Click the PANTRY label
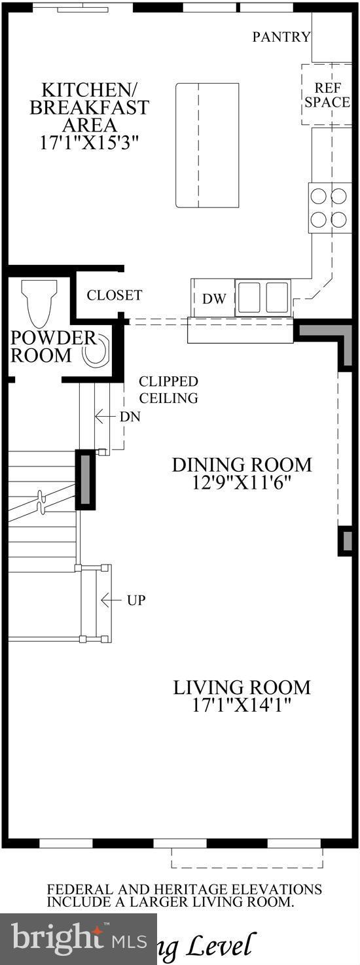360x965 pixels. click(281, 37)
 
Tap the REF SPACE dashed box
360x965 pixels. click(327, 95)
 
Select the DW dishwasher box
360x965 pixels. click(213, 299)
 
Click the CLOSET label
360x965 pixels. click(115, 296)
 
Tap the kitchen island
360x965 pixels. click(207, 145)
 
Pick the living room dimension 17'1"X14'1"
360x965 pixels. click(242, 705)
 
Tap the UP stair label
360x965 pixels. click(135, 599)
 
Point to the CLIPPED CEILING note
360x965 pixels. click(168, 390)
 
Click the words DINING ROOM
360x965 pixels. click(242, 465)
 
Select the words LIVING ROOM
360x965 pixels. click(242, 688)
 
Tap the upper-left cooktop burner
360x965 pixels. click(319, 196)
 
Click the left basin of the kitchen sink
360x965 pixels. click(249, 297)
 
